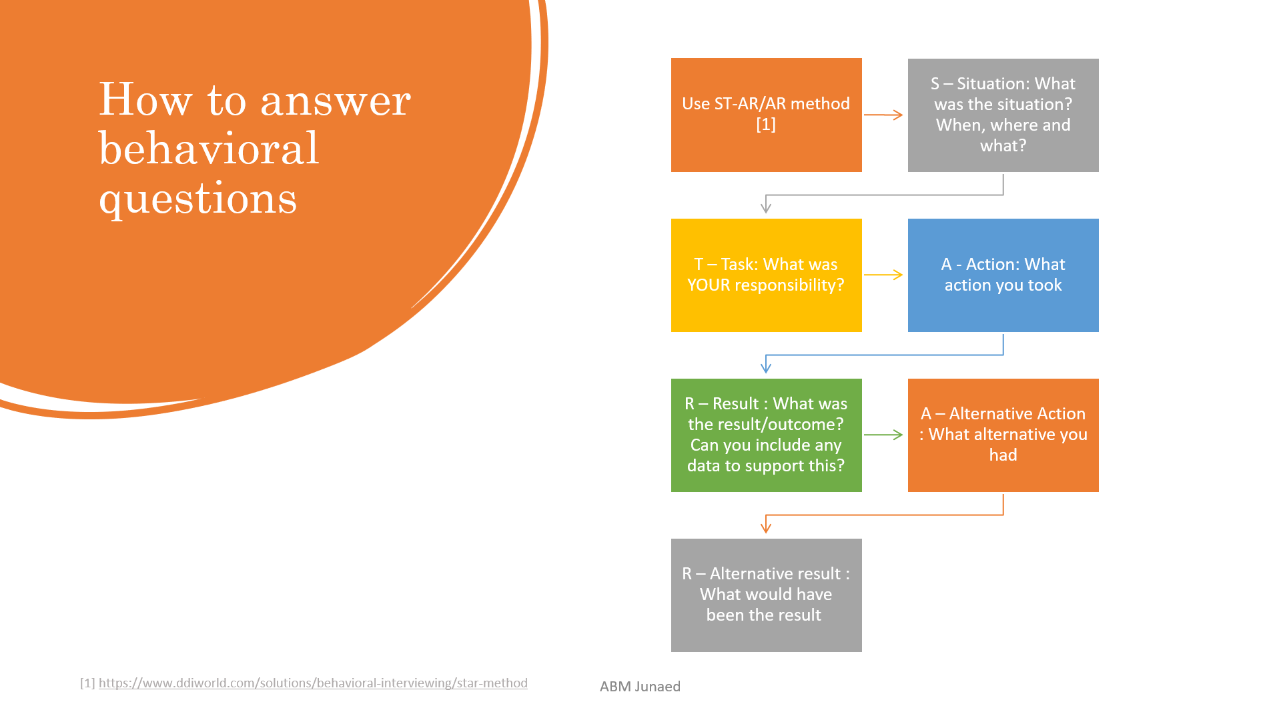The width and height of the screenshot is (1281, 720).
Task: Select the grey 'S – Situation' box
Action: (1003, 115)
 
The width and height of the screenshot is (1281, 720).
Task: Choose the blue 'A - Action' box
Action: (1003, 275)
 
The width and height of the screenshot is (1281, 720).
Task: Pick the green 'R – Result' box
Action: (766, 435)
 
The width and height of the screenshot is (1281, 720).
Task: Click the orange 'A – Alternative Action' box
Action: (1003, 435)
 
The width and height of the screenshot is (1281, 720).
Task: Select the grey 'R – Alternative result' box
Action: (766, 595)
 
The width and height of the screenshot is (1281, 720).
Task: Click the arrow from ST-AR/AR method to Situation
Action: (883, 115)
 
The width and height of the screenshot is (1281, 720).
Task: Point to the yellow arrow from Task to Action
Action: (883, 275)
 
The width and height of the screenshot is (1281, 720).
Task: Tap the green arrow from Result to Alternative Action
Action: (883, 435)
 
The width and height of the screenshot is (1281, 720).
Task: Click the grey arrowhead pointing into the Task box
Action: (766, 207)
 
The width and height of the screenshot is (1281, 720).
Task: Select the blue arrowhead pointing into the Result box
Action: (766, 367)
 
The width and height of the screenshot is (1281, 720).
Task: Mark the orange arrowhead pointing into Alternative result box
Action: (766, 527)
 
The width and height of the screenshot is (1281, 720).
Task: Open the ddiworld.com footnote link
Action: (313, 683)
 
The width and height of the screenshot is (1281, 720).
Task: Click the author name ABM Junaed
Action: (640, 686)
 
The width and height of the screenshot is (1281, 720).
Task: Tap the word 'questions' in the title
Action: (197, 198)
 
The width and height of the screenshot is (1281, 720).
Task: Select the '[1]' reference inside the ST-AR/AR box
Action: (766, 125)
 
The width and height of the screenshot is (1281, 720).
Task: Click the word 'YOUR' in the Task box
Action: (709, 285)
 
